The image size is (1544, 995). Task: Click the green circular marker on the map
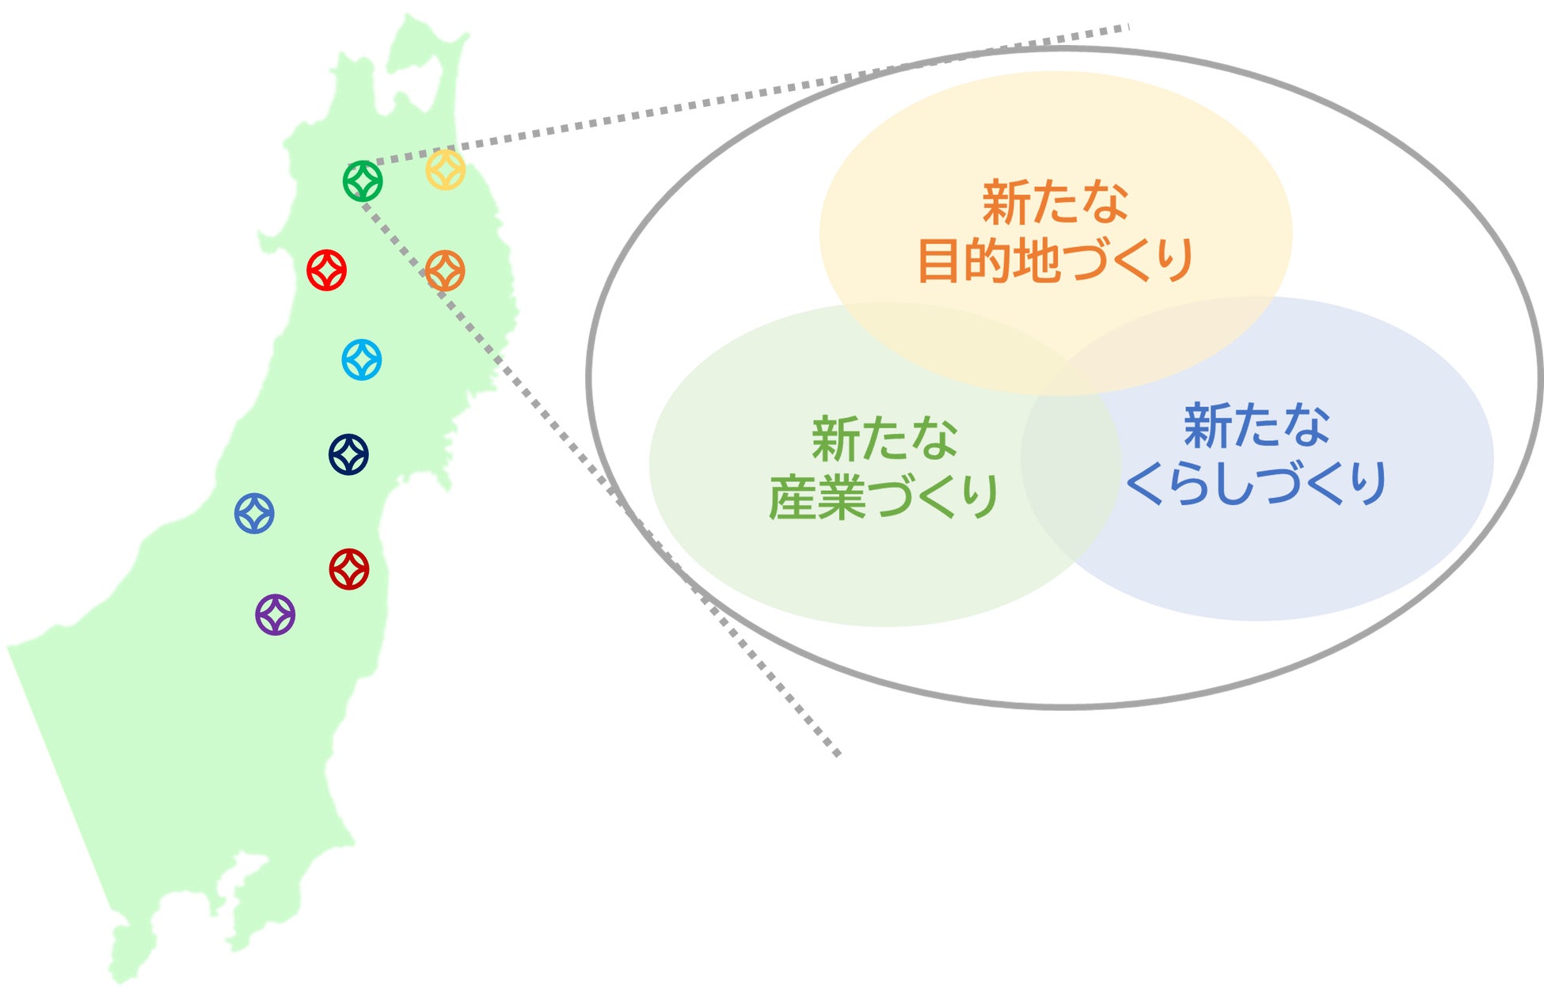(x=363, y=181)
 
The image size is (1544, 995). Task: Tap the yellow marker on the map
(x=446, y=169)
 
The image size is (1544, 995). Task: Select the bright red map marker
(x=327, y=270)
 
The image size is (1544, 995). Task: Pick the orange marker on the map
(x=445, y=271)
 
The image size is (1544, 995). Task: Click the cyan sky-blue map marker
(x=362, y=359)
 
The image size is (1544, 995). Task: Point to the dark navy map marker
(x=348, y=454)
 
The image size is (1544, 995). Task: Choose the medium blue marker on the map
(x=254, y=513)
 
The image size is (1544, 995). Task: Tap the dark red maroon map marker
(x=349, y=569)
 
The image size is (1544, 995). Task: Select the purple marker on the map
(x=276, y=614)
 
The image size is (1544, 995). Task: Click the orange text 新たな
(x=1055, y=202)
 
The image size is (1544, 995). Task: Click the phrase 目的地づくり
(x=1055, y=260)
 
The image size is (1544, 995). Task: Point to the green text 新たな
(x=884, y=439)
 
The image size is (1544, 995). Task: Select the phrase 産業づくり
(x=884, y=497)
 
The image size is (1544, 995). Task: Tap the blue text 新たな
(x=1257, y=425)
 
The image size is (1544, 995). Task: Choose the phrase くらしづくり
(x=1256, y=483)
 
